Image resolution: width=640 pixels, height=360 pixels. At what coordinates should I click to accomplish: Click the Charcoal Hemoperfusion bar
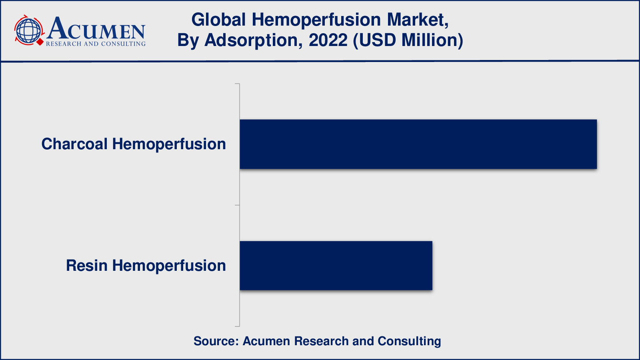(x=418, y=144)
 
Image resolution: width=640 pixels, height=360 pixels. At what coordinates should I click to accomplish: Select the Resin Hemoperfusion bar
(x=336, y=266)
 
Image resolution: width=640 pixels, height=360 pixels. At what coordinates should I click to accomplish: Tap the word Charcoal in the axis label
(x=74, y=144)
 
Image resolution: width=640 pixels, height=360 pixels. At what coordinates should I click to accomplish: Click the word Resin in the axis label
(x=87, y=266)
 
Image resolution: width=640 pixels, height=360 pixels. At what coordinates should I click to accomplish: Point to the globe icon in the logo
(x=28, y=30)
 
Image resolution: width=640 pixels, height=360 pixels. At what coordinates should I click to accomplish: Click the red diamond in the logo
(x=40, y=42)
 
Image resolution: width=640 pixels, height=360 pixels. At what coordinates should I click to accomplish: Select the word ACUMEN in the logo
(x=96, y=28)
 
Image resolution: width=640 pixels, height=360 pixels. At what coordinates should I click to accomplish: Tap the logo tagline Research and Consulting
(x=96, y=44)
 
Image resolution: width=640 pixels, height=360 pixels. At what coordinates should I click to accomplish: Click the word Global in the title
(x=218, y=20)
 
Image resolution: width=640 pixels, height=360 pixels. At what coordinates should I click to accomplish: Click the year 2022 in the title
(x=328, y=40)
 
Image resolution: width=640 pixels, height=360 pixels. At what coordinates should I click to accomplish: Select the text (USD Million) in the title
(x=408, y=40)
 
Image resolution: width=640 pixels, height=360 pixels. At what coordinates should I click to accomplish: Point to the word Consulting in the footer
(x=410, y=342)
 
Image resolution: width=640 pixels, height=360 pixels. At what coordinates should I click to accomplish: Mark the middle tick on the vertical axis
(x=237, y=205)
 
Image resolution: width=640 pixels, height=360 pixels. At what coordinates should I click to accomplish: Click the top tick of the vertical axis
(x=237, y=84)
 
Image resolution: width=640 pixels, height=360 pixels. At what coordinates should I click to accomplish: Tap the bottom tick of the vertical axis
(x=237, y=326)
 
